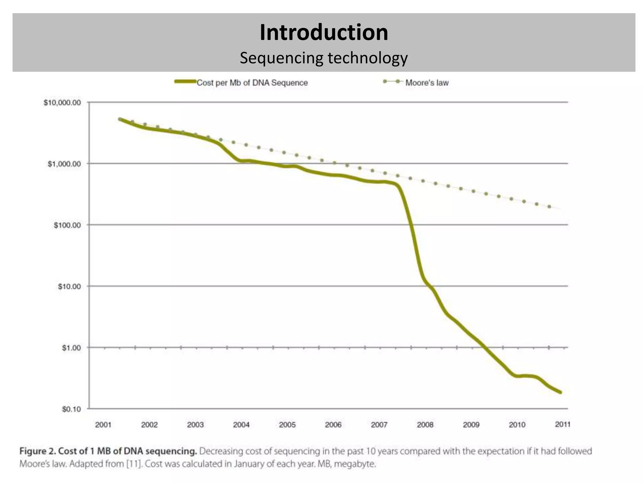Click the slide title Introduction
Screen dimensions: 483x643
tap(324, 32)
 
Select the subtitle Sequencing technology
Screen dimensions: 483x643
tap(324, 58)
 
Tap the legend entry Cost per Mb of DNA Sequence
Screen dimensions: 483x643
tap(252, 83)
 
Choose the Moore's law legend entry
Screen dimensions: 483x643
tap(427, 83)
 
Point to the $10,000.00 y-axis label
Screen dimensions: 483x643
tap(62, 103)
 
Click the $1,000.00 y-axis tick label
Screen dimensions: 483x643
tap(64, 164)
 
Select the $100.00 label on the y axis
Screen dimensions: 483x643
tap(67, 225)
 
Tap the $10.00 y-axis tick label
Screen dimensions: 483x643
tap(69, 286)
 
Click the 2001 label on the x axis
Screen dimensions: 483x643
tap(103, 425)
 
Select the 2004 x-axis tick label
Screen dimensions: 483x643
tap(241, 425)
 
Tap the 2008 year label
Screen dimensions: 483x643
tap(425, 425)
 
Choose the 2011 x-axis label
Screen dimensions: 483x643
tap(563, 425)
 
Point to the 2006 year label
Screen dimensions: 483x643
tap(333, 425)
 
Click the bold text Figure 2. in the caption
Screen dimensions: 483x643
tap(38, 451)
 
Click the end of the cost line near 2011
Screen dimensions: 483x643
tap(560, 392)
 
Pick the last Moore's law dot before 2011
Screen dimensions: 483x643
tap(549, 207)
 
